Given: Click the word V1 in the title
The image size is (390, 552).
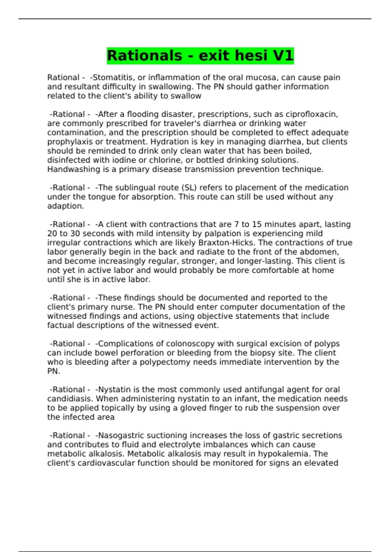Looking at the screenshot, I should (x=283, y=56).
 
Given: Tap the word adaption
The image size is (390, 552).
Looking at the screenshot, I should (x=65, y=206).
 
